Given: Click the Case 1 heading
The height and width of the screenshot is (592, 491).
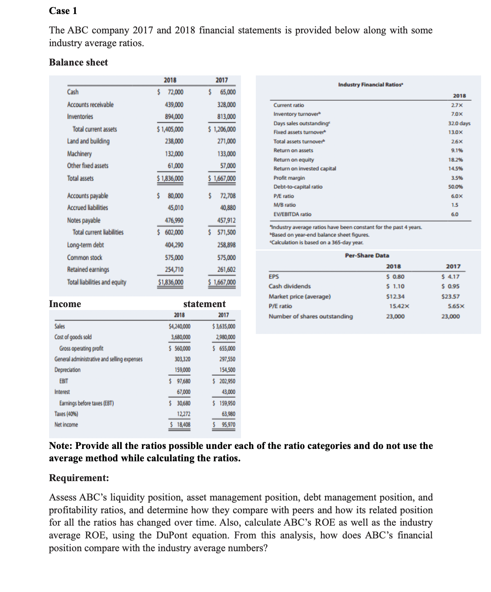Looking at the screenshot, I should (63, 11).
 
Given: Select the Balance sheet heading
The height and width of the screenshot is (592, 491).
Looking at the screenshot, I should (78, 62).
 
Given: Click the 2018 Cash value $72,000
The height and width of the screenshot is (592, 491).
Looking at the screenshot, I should (171, 92).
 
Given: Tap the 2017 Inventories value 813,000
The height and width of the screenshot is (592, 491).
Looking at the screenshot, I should (227, 117).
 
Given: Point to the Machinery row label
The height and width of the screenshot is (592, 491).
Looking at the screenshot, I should (79, 154).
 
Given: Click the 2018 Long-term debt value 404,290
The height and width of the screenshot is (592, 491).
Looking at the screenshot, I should (174, 245).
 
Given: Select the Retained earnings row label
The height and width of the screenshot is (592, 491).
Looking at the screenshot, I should (88, 270).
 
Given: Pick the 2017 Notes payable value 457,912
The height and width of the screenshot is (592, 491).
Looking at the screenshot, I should (227, 221).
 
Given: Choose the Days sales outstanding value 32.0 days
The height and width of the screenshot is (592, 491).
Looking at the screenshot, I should (459, 123).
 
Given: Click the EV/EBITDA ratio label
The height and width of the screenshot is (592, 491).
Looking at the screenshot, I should (292, 214).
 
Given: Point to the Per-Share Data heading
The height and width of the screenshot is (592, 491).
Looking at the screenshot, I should (367, 256).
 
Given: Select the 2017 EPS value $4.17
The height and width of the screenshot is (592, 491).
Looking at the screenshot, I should (450, 277).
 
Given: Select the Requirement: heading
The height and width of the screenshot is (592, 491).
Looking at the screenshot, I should (79, 478).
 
